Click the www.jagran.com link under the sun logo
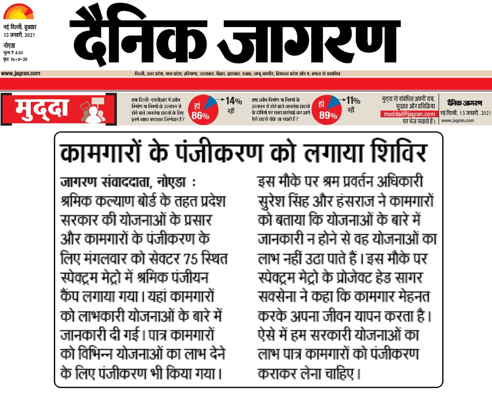tap(20, 73)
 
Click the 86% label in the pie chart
tap(200, 116)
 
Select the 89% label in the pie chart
tap(328, 116)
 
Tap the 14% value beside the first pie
tap(233, 101)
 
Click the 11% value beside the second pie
tap(353, 101)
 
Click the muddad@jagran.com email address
tap(409, 114)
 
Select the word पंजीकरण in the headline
tap(219, 153)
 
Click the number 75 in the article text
tap(191, 259)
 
